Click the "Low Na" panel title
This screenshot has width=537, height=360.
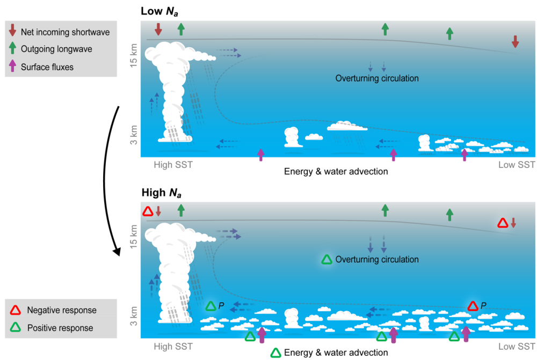[161, 11]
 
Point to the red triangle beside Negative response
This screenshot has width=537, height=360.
[16, 310]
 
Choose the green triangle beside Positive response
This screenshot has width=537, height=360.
[16, 328]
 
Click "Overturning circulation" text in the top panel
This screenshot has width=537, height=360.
[377, 78]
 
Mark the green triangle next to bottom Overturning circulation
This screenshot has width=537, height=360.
[326, 260]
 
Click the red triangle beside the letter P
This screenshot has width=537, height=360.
[473, 306]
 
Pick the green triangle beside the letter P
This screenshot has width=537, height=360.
[211, 306]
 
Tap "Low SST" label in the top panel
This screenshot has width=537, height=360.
[517, 165]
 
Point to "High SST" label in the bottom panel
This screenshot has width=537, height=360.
[173, 346]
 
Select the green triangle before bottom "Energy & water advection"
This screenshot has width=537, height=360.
[275, 352]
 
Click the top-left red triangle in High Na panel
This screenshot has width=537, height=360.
[148, 212]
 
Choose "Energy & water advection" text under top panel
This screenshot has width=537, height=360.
[336, 172]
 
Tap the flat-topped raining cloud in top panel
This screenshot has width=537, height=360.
[347, 127]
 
